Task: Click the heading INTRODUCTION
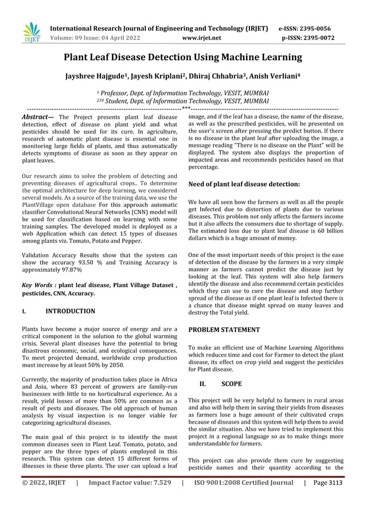point(70,311)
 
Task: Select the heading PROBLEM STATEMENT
point(224,330)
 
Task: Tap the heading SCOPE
point(231,383)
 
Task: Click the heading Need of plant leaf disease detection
point(244,184)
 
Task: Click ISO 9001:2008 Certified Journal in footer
point(244,499)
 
